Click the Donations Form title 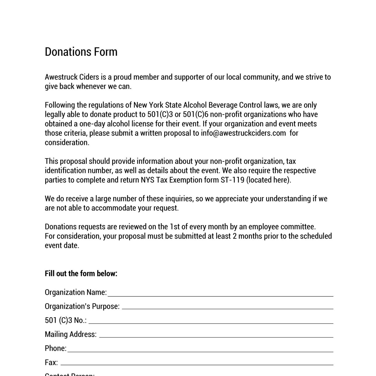pyautogui.click(x=81, y=52)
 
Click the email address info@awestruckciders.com pyautogui.click(x=243, y=133)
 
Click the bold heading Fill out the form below pyautogui.click(x=81, y=273)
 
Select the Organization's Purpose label pyautogui.click(x=82, y=306)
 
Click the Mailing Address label pyautogui.click(x=70, y=334)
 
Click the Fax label pyautogui.click(x=51, y=362)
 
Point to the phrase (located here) pyautogui.click(x=268, y=180)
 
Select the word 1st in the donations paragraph pyautogui.click(x=175, y=227)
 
